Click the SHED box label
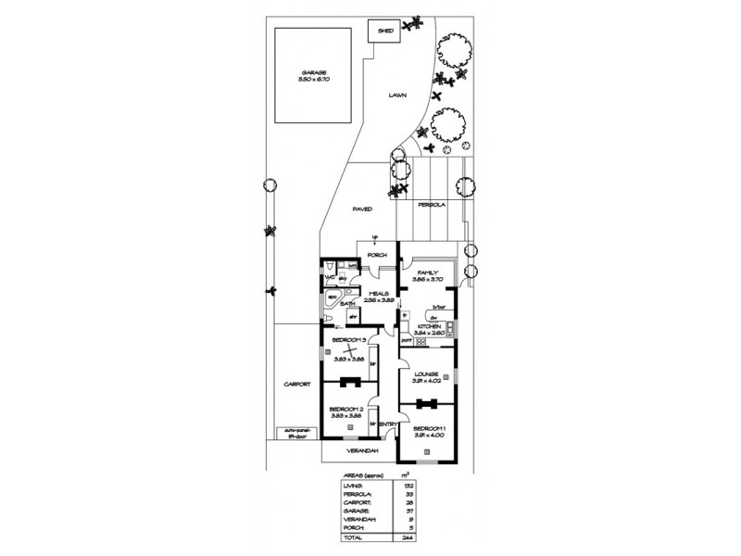click(385, 31)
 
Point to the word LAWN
click(397, 95)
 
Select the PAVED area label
click(362, 209)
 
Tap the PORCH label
click(376, 254)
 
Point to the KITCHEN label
click(430, 326)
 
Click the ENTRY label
click(389, 424)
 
